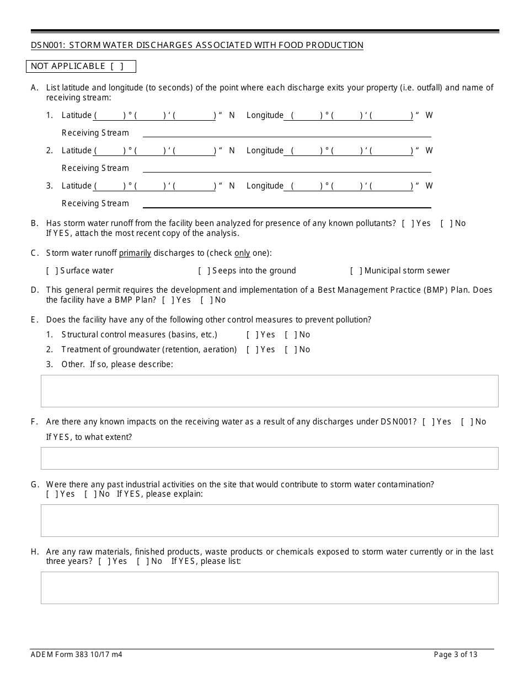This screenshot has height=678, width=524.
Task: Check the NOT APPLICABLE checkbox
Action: point(116,67)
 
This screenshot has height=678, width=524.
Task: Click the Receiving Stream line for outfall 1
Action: point(287,133)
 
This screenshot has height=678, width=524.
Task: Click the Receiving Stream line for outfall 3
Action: point(287,203)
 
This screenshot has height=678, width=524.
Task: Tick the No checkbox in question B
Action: point(446,223)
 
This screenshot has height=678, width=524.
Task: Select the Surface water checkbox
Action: point(52,271)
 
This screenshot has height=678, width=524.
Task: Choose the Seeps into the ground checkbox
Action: point(204,271)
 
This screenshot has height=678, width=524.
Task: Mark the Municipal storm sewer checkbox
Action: point(356,271)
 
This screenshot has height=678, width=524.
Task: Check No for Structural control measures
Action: point(291,335)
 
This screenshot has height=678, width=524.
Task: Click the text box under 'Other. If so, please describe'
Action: point(269,391)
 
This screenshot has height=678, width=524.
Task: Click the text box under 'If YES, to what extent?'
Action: point(269,458)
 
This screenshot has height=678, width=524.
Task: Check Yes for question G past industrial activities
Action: point(52,494)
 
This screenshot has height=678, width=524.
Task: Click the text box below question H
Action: point(269,588)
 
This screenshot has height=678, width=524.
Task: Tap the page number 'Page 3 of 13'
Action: point(456,655)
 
